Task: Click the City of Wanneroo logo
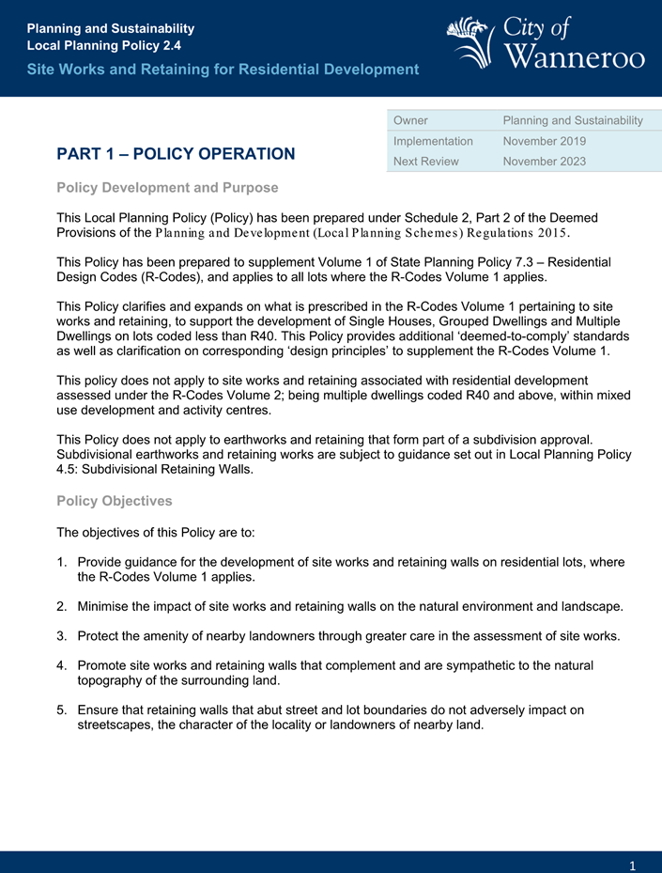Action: coord(546,42)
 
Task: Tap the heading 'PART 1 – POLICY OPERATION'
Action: coord(176,154)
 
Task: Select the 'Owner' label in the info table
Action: coord(411,120)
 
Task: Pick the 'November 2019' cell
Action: coord(545,141)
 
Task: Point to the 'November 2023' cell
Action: coord(545,161)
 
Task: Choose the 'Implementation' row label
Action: coord(433,141)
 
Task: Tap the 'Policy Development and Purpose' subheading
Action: coord(167,188)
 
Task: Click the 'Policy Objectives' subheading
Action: coord(115,502)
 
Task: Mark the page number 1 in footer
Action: coord(634,865)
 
